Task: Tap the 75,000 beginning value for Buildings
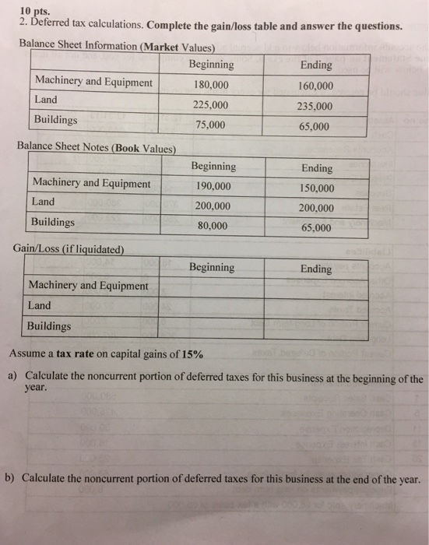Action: tap(211, 125)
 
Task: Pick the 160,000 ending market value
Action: tap(315, 86)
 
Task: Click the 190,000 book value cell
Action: tap(213, 186)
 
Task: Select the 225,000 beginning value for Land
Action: tap(211, 105)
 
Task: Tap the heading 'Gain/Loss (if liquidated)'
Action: tap(69, 249)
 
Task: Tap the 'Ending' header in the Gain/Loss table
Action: tap(315, 269)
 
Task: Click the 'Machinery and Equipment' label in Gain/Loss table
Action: tap(88, 286)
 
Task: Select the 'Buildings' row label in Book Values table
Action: tap(53, 222)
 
